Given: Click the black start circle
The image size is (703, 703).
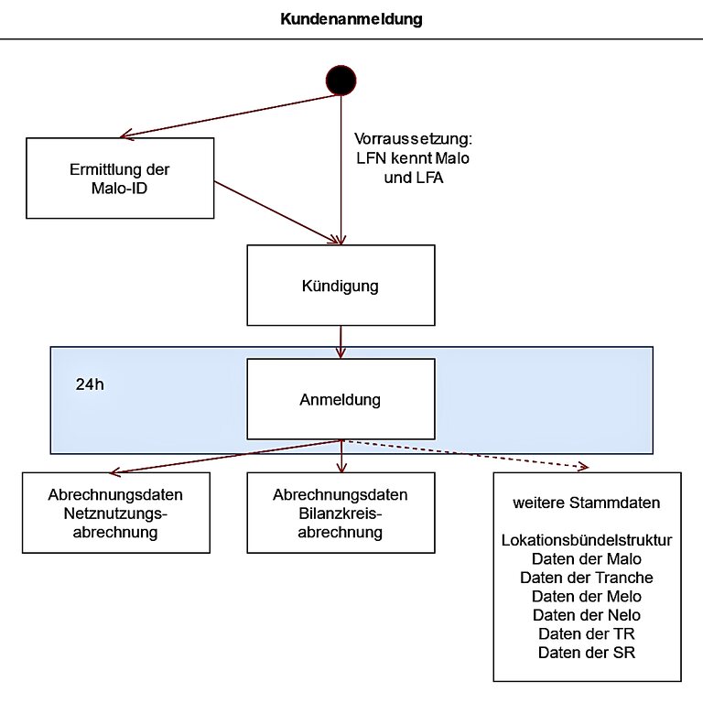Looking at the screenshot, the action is [341, 81].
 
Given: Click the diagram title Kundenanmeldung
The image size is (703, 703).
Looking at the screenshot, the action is [351, 19].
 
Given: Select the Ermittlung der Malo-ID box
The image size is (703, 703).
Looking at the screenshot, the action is [120, 178].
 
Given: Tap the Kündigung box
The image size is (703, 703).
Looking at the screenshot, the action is [341, 286].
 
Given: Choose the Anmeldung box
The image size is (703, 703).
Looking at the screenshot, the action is [341, 399].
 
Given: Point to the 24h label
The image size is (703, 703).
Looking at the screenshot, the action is [90, 384].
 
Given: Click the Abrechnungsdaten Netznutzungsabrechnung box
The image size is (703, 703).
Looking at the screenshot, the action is [116, 513].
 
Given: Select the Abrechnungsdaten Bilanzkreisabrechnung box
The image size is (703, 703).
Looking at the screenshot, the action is [341, 513].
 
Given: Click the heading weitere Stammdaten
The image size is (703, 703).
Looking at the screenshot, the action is [587, 503].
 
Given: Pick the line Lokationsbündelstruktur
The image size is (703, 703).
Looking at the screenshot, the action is [587, 540].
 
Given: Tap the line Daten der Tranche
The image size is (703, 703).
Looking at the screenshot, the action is [587, 578].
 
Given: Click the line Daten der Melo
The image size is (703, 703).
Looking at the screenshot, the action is [587, 596].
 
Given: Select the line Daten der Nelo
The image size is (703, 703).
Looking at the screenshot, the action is [587, 615].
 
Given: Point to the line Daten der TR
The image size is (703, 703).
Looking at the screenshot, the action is [587, 634].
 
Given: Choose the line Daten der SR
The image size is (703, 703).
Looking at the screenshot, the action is [587, 653].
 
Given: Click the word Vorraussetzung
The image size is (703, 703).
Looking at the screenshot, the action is [413, 138].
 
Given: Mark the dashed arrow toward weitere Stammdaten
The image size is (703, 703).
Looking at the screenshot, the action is [465, 454].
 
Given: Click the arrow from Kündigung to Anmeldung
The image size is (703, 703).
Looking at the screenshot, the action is [341, 342].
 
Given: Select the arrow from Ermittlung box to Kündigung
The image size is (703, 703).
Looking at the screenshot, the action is [277, 212].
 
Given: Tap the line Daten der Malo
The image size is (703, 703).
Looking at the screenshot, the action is [587, 559].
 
